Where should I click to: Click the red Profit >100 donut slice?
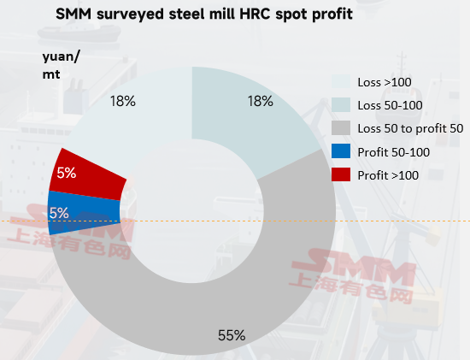pos(88,174)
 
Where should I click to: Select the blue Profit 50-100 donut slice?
pos(84,212)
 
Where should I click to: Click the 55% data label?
pos(232,335)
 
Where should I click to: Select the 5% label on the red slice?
pos(67,173)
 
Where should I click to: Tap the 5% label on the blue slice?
pos(59,213)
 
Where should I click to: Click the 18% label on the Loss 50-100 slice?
pos(260,101)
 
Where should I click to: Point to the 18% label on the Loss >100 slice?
pos(123,101)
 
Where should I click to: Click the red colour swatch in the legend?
pos(341,174)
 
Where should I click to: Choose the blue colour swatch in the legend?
pos(341,150)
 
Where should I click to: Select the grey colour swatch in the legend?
pos(341,127)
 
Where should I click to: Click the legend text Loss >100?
pos(385,82)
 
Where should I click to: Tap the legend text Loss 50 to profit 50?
pos(410,129)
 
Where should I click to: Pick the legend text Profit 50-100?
pos(394,152)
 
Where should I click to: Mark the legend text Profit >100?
pos(388,175)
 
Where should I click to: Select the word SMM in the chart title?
pos(73,14)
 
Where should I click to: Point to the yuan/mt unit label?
pos(61,65)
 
